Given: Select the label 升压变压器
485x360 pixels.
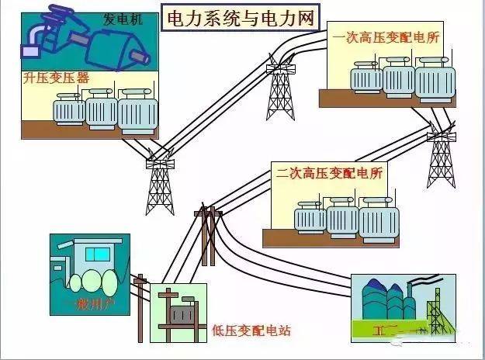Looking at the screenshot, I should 55,78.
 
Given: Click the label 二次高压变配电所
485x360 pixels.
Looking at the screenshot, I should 331,172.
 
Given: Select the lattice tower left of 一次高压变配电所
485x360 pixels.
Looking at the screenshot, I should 280,89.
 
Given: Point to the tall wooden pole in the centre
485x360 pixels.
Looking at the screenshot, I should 208,241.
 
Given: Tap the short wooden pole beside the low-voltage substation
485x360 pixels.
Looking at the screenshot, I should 140,306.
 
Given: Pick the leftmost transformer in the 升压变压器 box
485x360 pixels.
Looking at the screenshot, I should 69,111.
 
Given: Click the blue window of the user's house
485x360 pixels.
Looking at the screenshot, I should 98,254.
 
